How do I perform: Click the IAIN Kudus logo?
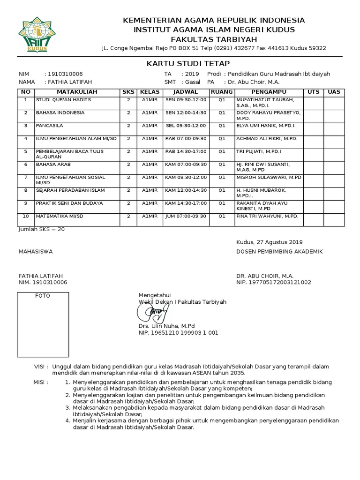coord(36,34)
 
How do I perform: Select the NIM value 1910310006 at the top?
coord(63,74)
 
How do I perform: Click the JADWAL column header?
coord(186,92)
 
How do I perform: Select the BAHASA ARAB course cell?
coord(53,165)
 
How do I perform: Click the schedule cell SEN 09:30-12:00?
coord(186,100)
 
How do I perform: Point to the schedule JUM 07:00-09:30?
coord(186,217)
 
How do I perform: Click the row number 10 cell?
coord(26,217)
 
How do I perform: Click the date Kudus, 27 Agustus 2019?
coord(270,242)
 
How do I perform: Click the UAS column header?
coord(334,92)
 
